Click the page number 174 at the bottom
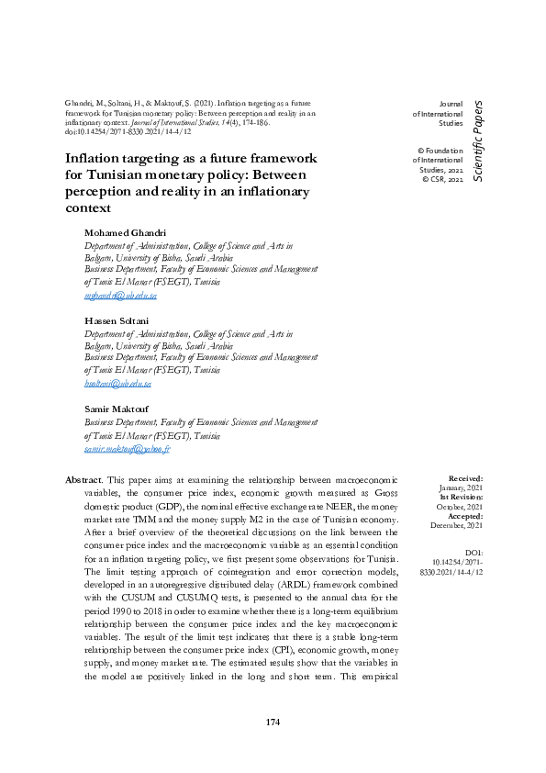tap(272, 723)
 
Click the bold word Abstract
tap(84, 479)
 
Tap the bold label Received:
tap(465, 478)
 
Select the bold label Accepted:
tap(464, 515)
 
